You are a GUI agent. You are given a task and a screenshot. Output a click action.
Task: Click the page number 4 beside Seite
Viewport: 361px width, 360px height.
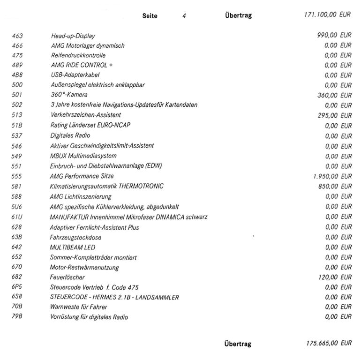(x=184, y=15)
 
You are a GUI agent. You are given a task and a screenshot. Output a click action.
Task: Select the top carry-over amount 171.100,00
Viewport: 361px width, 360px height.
(x=320, y=15)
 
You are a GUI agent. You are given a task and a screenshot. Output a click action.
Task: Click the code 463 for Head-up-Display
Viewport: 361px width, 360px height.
(x=17, y=36)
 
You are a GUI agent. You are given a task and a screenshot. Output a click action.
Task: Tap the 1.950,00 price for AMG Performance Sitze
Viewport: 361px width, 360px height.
(x=324, y=176)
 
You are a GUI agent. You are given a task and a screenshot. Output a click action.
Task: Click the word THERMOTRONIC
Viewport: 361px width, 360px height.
(x=141, y=186)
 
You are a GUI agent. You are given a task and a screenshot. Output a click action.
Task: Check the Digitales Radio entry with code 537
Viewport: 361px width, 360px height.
(x=70, y=135)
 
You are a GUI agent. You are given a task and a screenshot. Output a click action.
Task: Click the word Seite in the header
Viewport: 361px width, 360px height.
(x=150, y=15)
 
